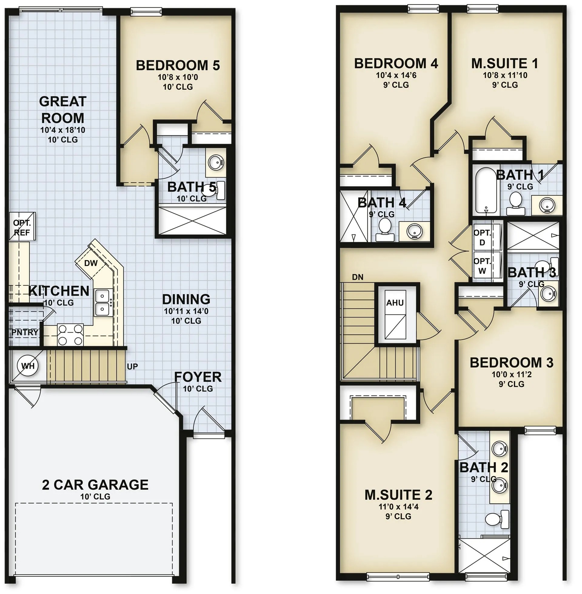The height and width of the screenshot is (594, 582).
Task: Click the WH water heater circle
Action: coord(28,366)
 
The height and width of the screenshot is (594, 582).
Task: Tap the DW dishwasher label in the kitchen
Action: coord(91,263)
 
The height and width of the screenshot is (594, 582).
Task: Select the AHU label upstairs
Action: coord(395,303)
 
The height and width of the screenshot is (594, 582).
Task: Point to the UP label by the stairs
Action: coord(132,367)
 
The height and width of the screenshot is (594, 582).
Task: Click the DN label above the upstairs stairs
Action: coord(358,277)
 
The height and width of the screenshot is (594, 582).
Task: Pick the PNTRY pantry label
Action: coord(25,332)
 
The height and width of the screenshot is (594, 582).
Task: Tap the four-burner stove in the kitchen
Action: coord(71,335)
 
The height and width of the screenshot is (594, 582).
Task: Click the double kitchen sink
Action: coord(103,303)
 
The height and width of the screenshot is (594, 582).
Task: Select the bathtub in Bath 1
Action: coord(486,190)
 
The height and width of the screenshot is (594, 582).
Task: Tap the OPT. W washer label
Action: coord(482,266)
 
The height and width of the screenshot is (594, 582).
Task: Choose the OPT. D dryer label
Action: coord(482,237)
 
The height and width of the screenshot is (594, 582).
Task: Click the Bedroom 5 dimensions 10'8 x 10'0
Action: coord(178,77)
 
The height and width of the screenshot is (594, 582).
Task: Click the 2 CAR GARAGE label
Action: coord(95,484)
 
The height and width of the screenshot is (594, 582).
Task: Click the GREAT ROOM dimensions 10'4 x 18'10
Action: coord(63,130)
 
